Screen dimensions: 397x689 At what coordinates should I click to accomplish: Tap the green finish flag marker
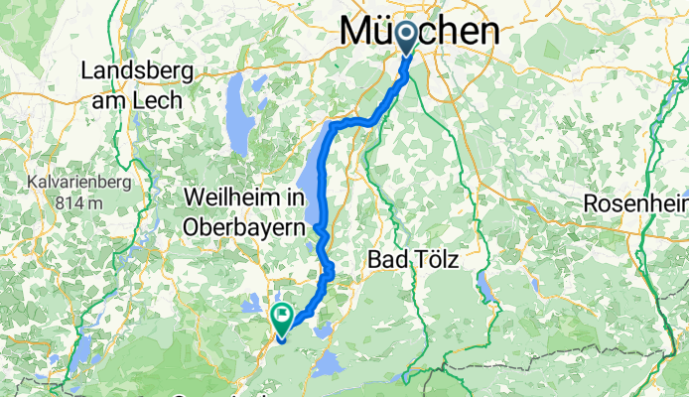pyautogui.click(x=282, y=318)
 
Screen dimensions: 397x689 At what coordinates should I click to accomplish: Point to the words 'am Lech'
pyautogui.click(x=136, y=100)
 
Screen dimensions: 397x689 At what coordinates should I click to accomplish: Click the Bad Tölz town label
pyautogui.click(x=414, y=260)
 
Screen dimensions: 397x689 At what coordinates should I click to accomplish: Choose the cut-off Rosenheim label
pyautogui.click(x=636, y=202)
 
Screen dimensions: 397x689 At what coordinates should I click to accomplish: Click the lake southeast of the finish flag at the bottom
pyautogui.click(x=328, y=365)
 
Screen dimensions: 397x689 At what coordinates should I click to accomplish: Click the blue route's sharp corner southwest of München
pyautogui.click(x=333, y=125)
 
